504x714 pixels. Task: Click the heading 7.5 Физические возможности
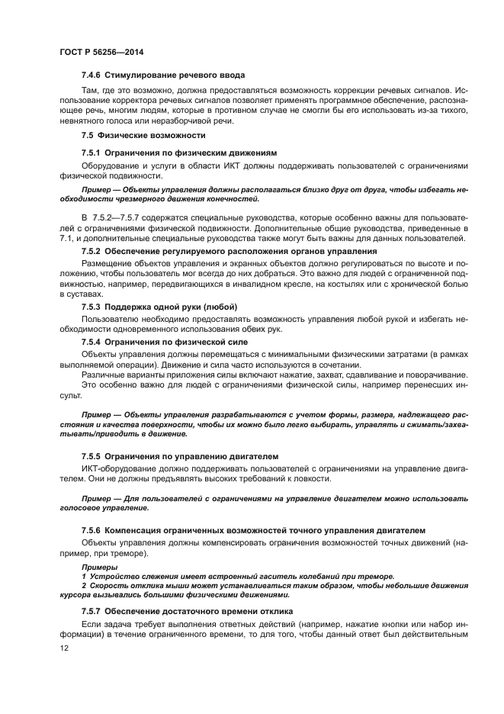tap(143, 135)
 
